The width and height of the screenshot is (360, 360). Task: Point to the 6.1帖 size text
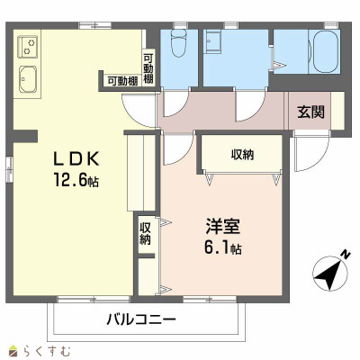click(221, 247)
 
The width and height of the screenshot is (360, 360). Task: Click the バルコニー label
click(140, 319)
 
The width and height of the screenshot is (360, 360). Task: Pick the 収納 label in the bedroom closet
click(241, 154)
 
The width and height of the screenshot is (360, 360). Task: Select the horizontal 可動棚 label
click(121, 80)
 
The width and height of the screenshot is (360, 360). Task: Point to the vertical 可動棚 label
click(148, 69)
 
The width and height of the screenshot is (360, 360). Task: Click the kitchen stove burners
click(28, 43)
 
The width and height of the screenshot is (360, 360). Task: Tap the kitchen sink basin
click(28, 78)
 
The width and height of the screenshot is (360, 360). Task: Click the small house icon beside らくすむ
click(11, 349)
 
